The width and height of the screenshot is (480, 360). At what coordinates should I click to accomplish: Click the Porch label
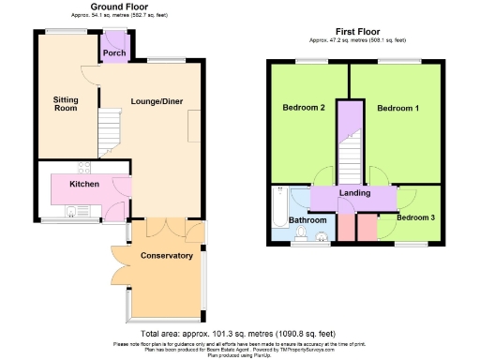[x=115, y=53]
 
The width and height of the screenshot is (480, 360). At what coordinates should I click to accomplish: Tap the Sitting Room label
[x=65, y=103]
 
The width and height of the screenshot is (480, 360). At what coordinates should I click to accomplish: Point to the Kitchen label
[x=84, y=184]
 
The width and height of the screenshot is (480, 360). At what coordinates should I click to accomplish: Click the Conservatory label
[x=166, y=255]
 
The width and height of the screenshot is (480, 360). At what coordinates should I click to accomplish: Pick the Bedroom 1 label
[x=397, y=108]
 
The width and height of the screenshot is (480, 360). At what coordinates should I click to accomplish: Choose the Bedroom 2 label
[x=303, y=108]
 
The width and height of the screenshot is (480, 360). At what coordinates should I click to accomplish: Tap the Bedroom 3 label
[x=414, y=217]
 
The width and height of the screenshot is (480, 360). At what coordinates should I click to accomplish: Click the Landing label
[x=354, y=193]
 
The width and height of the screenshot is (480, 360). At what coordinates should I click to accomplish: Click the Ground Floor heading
[x=117, y=7]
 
